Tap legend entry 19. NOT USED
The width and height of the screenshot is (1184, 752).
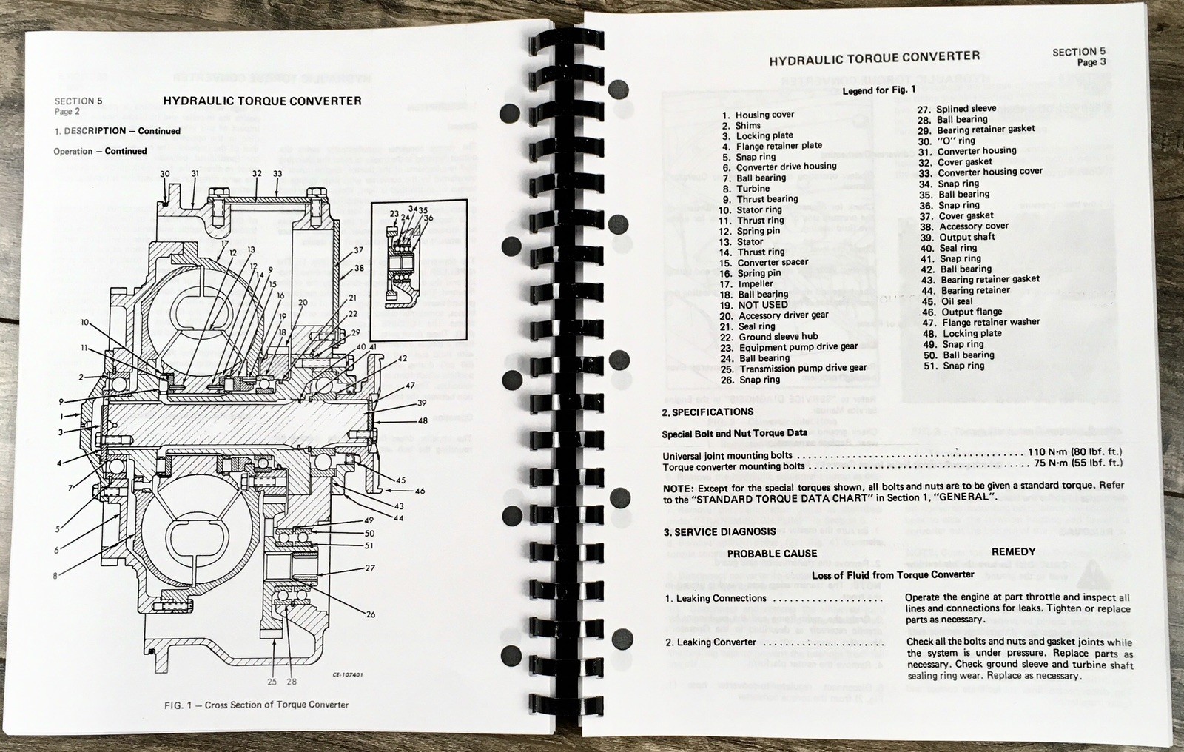coord(753,305)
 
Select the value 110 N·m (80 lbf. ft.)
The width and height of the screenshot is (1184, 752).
coord(1074,451)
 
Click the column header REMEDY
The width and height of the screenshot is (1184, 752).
coord(1013,551)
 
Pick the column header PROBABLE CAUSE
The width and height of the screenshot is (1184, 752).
coord(772,553)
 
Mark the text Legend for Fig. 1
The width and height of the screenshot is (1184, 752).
coord(878,90)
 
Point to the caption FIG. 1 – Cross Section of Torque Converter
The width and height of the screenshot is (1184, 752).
coord(256,705)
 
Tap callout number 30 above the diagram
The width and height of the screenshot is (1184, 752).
coord(165,175)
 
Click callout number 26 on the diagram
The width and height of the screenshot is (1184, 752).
coord(371,614)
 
